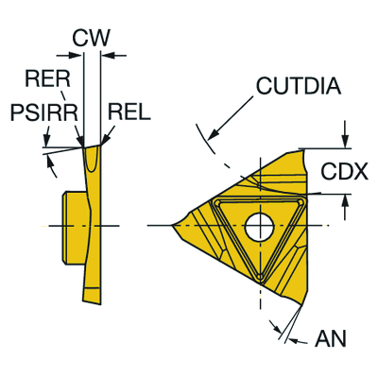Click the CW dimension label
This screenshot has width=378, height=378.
(91, 38)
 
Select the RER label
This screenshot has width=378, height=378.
(47, 78)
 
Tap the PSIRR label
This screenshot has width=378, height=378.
(44, 112)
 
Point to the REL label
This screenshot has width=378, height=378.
(129, 112)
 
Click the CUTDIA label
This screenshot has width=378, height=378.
(299, 86)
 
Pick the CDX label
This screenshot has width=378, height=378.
(344, 172)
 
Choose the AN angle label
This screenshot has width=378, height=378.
(331, 339)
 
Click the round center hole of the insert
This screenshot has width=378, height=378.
(260, 226)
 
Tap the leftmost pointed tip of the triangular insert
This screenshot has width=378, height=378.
(172, 225)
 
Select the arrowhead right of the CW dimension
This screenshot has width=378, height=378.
(109, 56)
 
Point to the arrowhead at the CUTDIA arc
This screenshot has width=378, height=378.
(214, 134)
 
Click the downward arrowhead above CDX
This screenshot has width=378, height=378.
(346, 141)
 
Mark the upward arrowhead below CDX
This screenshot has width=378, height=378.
(346, 201)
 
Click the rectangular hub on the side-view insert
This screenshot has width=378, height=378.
(74, 226)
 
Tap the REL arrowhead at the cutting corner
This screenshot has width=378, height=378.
(106, 140)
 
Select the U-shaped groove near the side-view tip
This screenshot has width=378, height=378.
(93, 159)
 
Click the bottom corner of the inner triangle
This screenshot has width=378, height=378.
(260, 277)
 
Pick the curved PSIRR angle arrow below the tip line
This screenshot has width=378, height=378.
(52, 167)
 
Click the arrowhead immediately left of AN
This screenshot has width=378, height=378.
(278, 330)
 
